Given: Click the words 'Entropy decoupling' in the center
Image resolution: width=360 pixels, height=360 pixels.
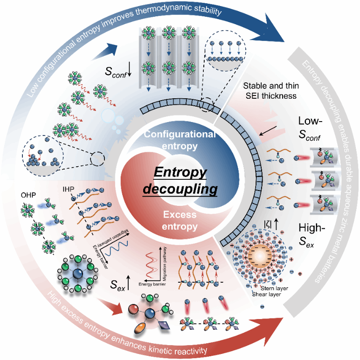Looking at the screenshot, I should click(x=180, y=181).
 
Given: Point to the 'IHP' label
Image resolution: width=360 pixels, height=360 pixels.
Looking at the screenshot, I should click(x=69, y=190).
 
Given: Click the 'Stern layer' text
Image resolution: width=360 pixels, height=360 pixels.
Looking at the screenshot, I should click(x=277, y=288).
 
